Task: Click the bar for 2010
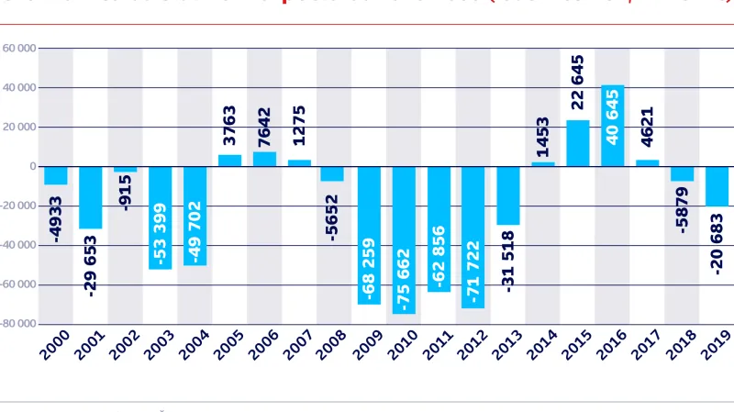(404, 239)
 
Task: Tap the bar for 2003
(161, 217)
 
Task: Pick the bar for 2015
(578, 143)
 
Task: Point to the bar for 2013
(508, 195)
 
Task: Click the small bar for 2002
(126, 169)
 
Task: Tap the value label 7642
(265, 126)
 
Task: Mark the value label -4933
(56, 217)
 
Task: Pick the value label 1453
(542, 137)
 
